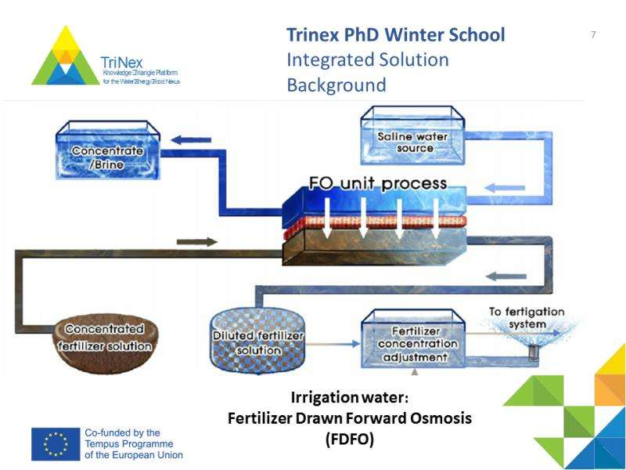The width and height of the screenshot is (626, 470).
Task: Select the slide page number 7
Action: coord(593,34)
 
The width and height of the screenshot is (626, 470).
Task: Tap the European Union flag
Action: coord(56,443)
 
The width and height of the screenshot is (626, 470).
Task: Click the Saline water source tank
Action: coord(412,135)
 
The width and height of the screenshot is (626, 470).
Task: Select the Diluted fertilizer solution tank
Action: coord(257,339)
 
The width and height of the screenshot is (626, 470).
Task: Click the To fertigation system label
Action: coord(526,317)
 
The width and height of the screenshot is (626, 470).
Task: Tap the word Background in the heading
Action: coord(336,85)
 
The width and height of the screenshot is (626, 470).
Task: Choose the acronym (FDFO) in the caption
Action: coord(350,439)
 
